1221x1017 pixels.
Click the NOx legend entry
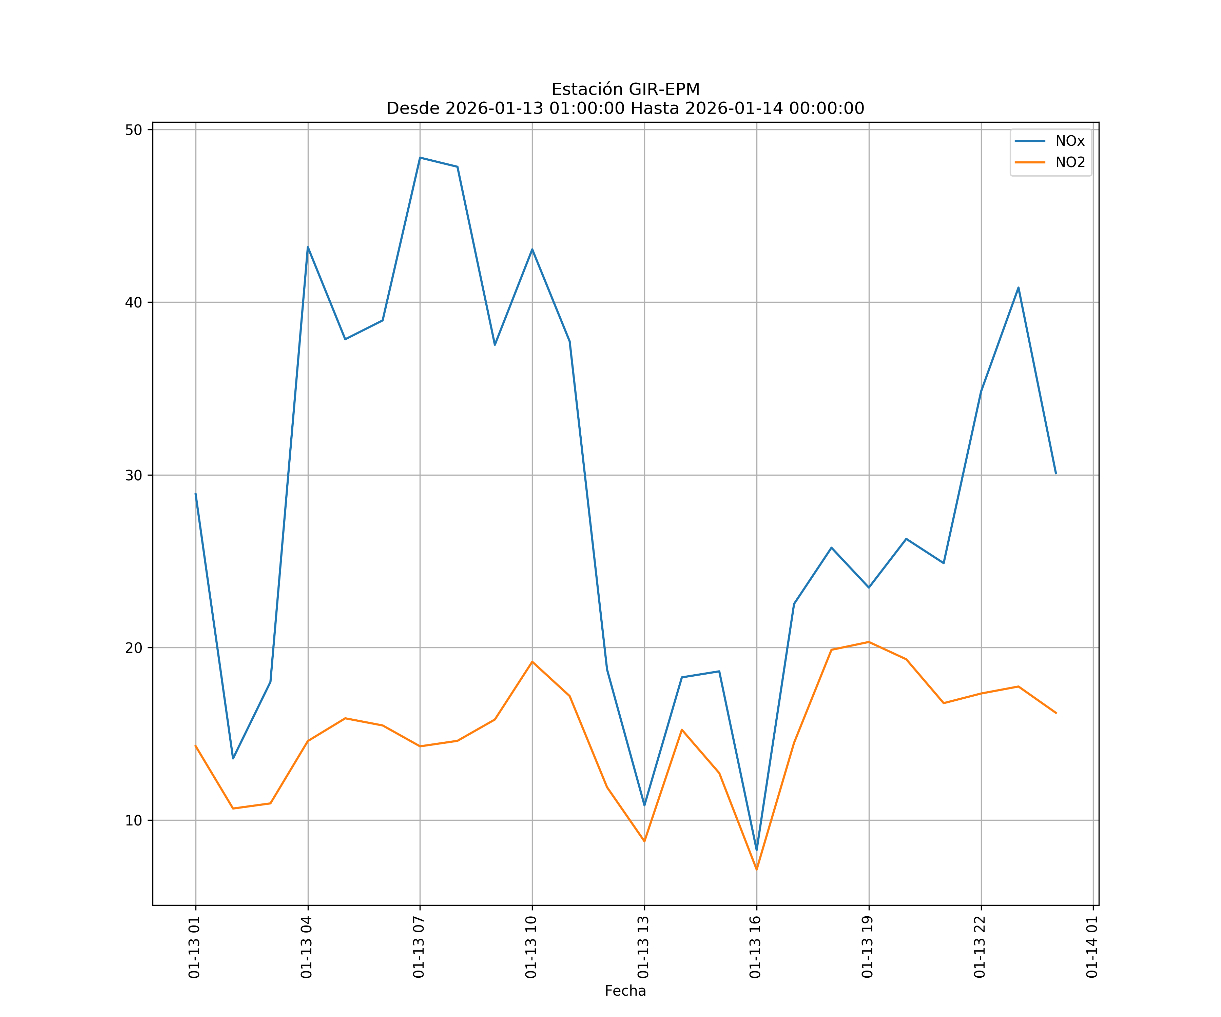[x=1070, y=141]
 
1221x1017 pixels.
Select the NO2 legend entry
[x=1070, y=163]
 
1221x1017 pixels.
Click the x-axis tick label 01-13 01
[x=195, y=947]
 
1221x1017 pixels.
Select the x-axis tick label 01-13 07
[x=419, y=947]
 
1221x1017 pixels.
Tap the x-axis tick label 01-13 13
[x=644, y=947]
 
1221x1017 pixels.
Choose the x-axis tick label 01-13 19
[x=868, y=947]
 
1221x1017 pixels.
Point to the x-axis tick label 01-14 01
[x=1092, y=947]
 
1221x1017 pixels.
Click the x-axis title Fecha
[x=625, y=991]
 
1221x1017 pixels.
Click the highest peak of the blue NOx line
[x=420, y=158]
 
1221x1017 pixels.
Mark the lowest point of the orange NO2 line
[x=756, y=870]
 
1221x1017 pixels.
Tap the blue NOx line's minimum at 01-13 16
[x=756, y=850]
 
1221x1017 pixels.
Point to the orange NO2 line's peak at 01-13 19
[x=869, y=642]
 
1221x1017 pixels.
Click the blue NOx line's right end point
[x=1056, y=474]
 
